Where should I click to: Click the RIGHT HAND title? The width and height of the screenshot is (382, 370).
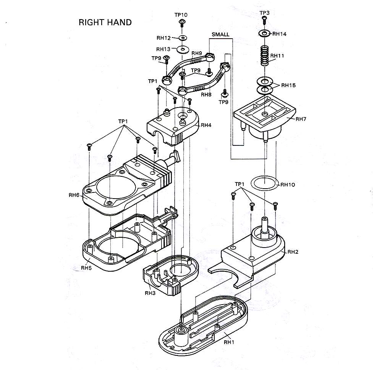tap(105, 23)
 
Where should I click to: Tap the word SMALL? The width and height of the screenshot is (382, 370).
tap(220, 34)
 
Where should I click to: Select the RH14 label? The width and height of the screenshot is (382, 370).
tap(280, 34)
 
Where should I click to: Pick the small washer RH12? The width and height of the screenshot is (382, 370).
tap(183, 38)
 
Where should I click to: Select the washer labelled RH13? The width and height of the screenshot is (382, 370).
tap(183, 49)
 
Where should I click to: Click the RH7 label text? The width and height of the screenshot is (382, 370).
tap(301, 119)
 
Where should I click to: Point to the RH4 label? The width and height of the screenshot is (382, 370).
tap(206, 125)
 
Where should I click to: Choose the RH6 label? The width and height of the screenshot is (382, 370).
tap(74, 195)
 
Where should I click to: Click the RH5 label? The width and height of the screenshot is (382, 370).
tap(86, 268)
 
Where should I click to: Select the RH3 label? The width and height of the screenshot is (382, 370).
tap(150, 293)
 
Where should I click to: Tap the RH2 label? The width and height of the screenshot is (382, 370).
tap(293, 252)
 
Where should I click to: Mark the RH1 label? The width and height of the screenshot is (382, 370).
tap(229, 342)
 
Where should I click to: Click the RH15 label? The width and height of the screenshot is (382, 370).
tap(288, 85)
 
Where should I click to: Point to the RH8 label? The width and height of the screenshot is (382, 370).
tap(206, 95)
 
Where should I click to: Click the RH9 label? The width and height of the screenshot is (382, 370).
tap(197, 53)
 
